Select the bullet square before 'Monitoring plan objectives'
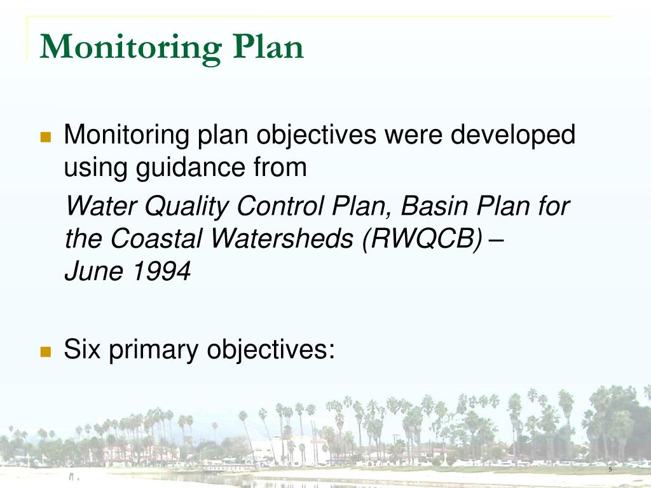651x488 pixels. point(45,137)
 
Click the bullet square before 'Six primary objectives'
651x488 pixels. point(45,351)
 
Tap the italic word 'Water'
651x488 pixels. point(102,207)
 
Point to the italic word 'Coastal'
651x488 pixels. point(158,239)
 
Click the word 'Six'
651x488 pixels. point(83,350)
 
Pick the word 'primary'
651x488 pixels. point(154,350)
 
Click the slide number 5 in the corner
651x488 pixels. point(610,470)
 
